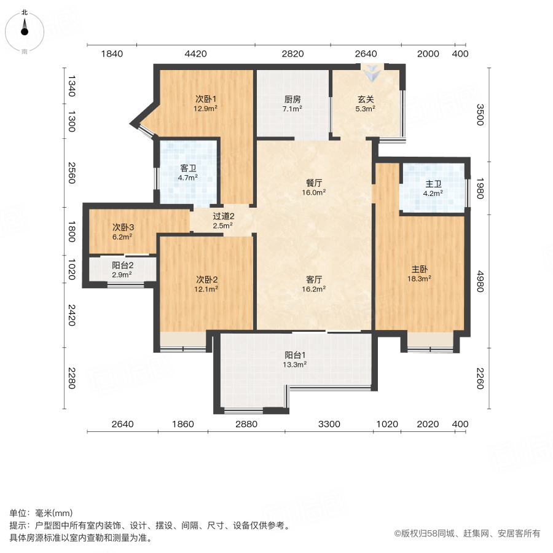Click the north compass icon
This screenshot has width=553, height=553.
pos(25,29)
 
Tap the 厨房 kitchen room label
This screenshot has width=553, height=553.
pos(292,99)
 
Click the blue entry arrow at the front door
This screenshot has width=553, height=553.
pos(371,74)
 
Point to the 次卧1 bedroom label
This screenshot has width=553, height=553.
pos(206,99)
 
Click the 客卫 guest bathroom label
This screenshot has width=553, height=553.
pos(188,168)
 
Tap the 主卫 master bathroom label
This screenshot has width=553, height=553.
pos(434,182)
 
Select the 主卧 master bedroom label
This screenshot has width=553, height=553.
pos(421,269)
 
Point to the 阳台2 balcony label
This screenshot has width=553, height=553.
pos(123,265)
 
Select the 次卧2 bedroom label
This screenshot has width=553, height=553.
pos(206,278)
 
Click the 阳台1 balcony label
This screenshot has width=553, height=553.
pos(296,355)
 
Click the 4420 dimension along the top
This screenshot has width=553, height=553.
pos(195,53)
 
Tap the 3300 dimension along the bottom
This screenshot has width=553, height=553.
pos(329,425)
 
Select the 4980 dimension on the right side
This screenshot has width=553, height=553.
pos(480,280)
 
